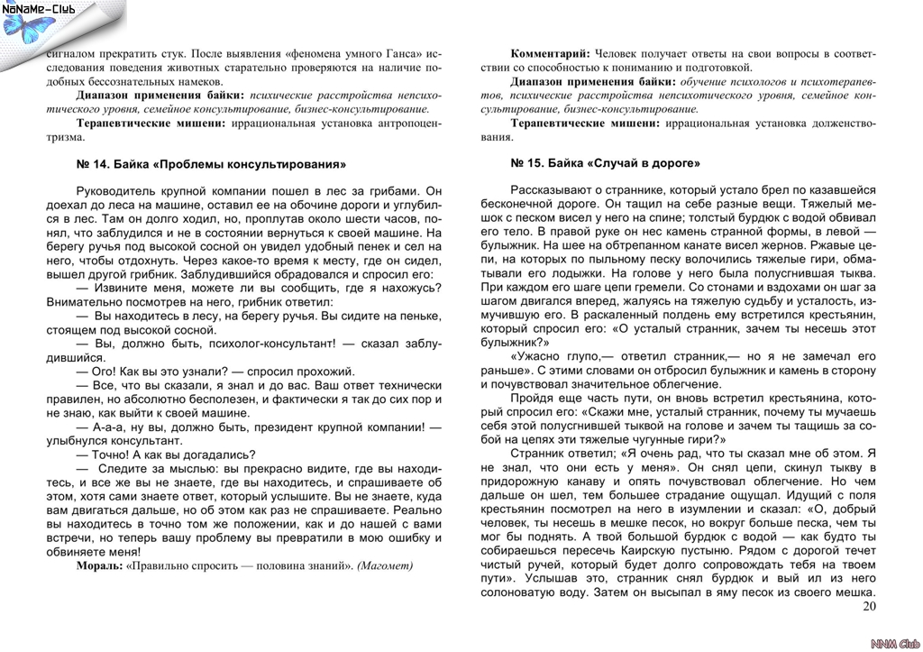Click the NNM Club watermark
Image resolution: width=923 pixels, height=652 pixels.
click(892, 642)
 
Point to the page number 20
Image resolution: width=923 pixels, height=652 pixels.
click(869, 606)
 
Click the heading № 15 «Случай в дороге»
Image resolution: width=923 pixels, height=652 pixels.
click(605, 163)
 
